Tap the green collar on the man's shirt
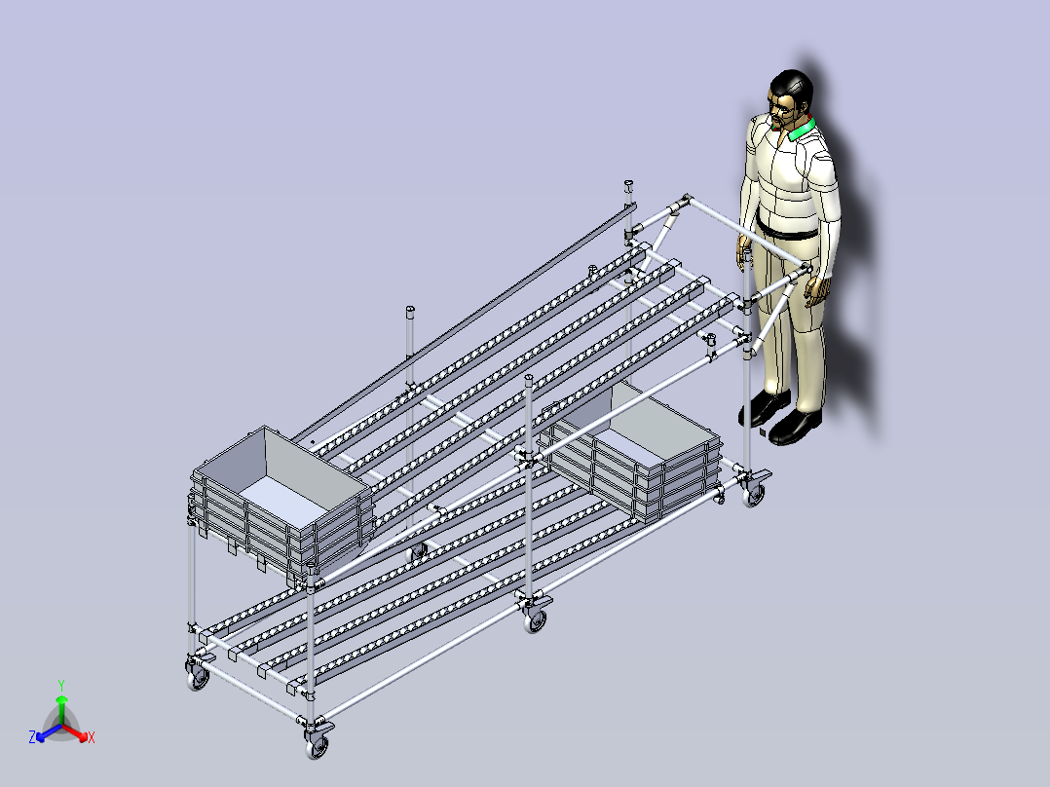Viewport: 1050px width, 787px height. [801, 130]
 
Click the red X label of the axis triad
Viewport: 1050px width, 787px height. [92, 737]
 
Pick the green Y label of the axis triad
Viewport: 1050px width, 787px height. [61, 685]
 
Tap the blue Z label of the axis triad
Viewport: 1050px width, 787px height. [32, 737]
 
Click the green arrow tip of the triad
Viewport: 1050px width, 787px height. [61, 699]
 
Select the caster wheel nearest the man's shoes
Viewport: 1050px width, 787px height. [753, 494]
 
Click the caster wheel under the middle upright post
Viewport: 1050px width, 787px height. [535, 620]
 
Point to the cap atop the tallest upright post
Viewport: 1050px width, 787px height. [629, 185]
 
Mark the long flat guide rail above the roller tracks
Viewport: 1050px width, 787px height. [464, 322]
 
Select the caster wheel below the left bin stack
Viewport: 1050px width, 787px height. [198, 678]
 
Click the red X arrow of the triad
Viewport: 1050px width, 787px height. [75, 732]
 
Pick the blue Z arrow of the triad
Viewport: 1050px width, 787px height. [49, 732]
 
